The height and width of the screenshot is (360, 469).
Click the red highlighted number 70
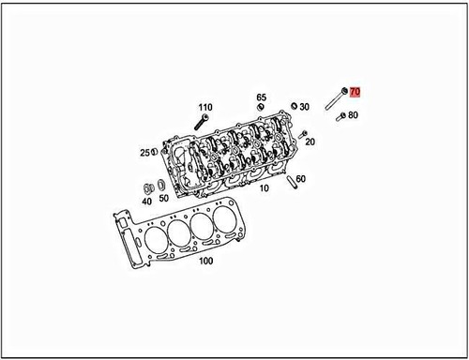coord(356,92)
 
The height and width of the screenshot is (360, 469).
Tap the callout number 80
coord(353,115)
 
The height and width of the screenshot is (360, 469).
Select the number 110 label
coord(205,108)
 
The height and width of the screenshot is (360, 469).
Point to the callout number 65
coord(262,97)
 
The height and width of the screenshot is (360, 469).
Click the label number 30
coord(305,107)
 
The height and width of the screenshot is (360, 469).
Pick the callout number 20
coord(310,142)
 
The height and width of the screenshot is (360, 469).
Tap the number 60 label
coord(300,178)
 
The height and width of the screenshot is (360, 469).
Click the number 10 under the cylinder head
coord(265,187)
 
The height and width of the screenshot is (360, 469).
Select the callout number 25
coord(145,152)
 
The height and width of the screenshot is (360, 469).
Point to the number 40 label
coord(147,199)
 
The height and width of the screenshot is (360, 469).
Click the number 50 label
coord(163,199)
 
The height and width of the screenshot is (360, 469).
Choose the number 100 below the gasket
coord(207,261)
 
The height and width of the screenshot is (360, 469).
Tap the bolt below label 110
coord(201,123)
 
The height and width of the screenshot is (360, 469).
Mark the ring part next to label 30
coord(294,105)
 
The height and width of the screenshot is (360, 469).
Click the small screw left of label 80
coord(340,117)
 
